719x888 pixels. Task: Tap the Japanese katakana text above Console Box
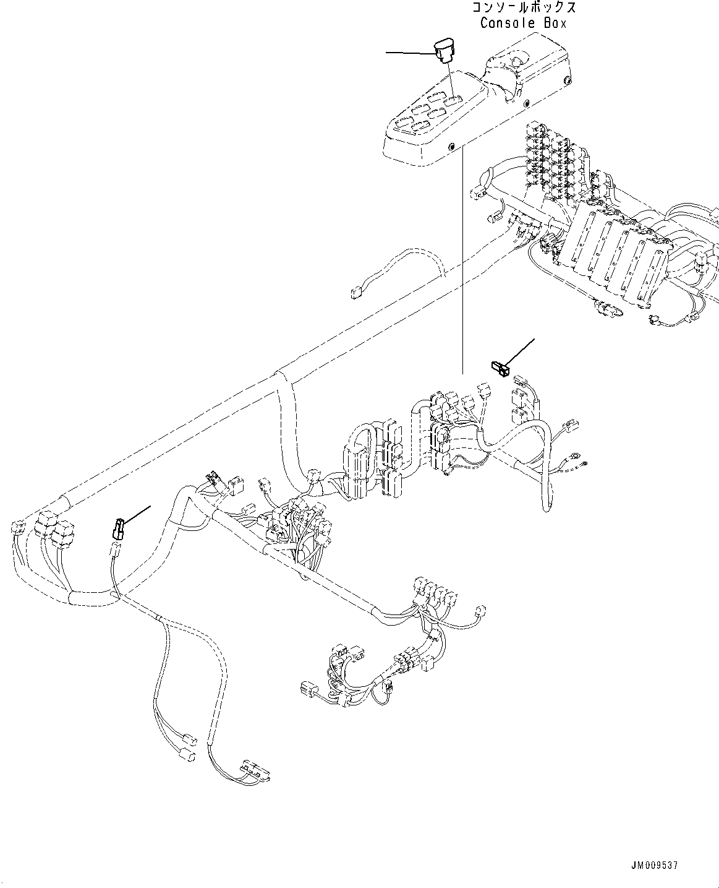coord(524,8)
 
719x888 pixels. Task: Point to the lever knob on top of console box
coord(514,62)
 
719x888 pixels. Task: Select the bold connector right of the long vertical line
coord(500,368)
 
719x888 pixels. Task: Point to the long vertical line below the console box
coord(461,260)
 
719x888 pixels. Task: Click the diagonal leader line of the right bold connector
coord(521,351)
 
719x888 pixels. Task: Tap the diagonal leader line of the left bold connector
coord(137,515)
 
